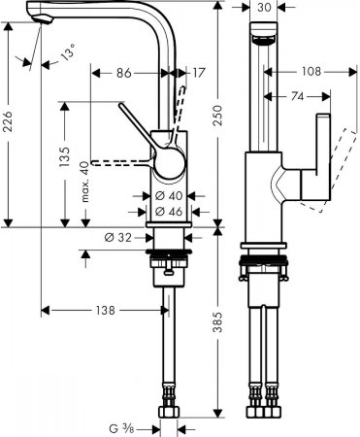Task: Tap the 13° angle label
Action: tap(66, 56)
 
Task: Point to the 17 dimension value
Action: tap(199, 72)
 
